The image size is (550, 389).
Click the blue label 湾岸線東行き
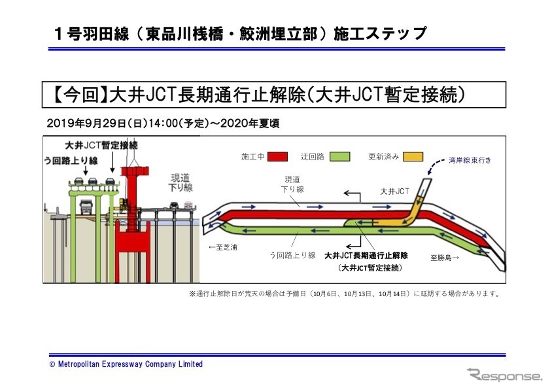pos(470,160)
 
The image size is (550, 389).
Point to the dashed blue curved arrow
pos(432,171)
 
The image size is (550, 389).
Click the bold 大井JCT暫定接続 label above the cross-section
pos(101,144)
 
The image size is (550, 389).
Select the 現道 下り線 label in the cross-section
pos(181,182)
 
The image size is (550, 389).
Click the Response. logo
pos(504,375)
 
